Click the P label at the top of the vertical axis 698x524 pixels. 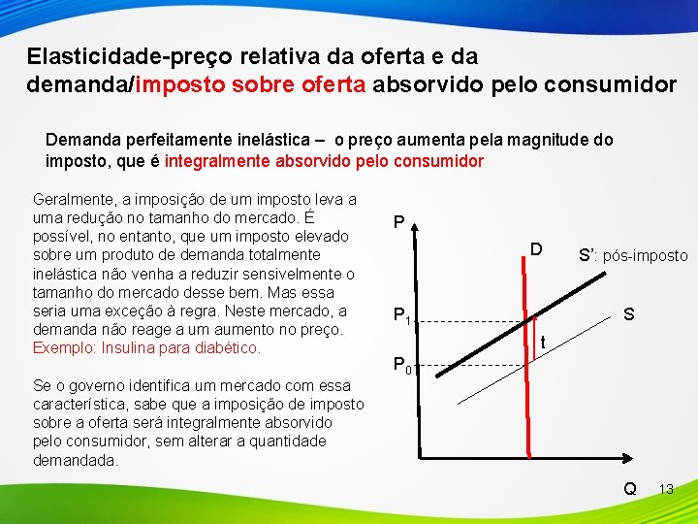click(x=399, y=223)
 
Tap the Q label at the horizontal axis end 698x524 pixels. click(x=630, y=489)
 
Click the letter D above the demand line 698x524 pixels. click(x=535, y=250)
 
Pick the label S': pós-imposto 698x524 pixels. click(x=633, y=256)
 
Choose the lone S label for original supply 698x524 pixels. click(x=629, y=315)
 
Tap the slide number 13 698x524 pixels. click(x=666, y=489)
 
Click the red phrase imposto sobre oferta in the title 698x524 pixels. click(x=251, y=84)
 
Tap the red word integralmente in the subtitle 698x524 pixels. click(x=220, y=160)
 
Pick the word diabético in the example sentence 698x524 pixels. click(x=229, y=347)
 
